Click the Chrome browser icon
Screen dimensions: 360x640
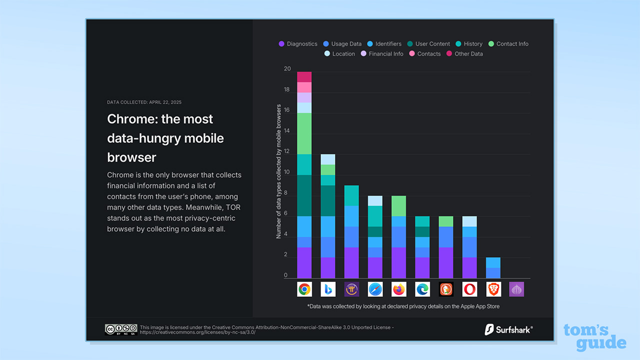pyautogui.click(x=304, y=289)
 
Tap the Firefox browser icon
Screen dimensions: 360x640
pyautogui.click(x=399, y=289)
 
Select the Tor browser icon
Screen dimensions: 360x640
pyautogui.click(x=516, y=289)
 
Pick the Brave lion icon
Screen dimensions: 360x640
pyautogui.click(x=493, y=289)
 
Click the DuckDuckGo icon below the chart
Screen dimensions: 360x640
pyautogui.click(x=446, y=289)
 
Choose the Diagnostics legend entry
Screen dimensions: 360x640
pyautogui.click(x=298, y=44)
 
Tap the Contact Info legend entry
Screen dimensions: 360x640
pyautogui.click(x=508, y=44)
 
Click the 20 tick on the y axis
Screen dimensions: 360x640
pyautogui.click(x=286, y=69)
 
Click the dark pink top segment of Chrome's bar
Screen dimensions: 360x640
pyautogui.click(x=304, y=77)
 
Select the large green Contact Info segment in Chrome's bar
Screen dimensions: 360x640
pyautogui.click(x=304, y=133)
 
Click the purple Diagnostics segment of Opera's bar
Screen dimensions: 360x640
pyautogui.click(x=469, y=267)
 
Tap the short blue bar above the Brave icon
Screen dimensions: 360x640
pyautogui.click(x=493, y=267)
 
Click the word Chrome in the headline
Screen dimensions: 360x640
pyautogui.click(x=129, y=119)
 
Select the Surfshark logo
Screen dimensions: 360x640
pyautogui.click(x=508, y=329)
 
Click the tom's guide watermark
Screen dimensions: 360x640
pyautogui.click(x=594, y=337)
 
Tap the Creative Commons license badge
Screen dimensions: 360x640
pyautogui.click(x=120, y=329)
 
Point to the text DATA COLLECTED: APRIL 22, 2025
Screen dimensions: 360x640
pyautogui.click(x=144, y=102)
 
